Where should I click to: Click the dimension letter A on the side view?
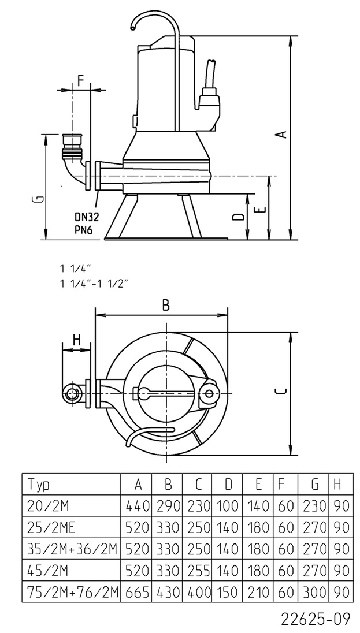point(281,133)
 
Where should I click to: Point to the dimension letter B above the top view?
point(166,306)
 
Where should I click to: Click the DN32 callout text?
point(87,217)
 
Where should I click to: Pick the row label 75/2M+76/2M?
point(72,591)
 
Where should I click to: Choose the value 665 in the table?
point(136,591)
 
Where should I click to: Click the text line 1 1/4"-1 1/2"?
point(92,283)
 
